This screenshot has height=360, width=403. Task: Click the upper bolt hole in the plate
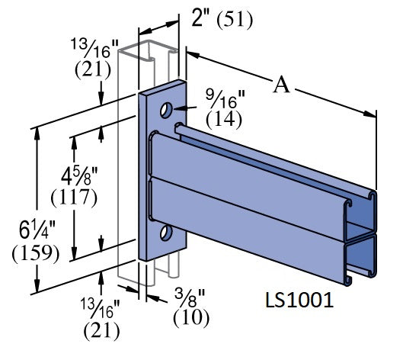tap(166, 111)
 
